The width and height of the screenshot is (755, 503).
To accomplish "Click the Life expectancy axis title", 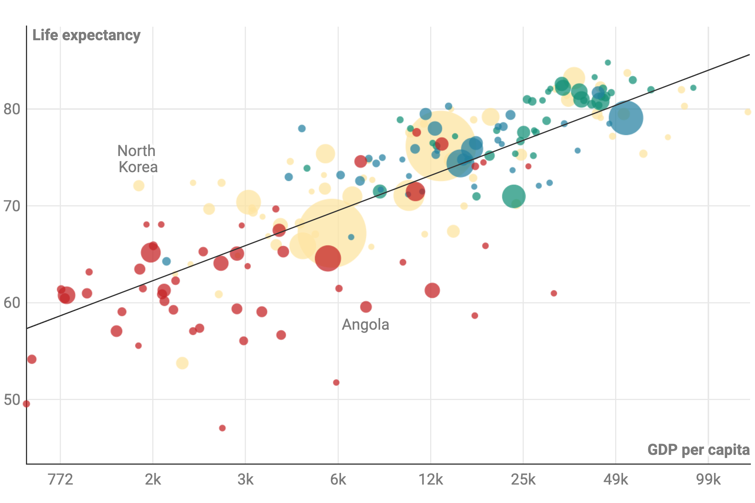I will (86, 35).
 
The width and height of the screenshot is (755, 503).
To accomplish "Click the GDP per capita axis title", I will (698, 450).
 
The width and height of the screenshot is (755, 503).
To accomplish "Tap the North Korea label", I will (137, 159).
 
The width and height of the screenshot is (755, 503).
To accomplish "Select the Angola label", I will (365, 324).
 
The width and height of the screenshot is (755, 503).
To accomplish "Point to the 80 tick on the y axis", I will (12, 109).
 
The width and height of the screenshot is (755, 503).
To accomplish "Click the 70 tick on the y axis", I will (12, 206).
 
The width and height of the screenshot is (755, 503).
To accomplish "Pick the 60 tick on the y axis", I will (12, 303).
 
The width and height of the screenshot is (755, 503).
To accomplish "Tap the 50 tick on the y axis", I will (12, 400).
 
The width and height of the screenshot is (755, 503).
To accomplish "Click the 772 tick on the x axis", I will (61, 480).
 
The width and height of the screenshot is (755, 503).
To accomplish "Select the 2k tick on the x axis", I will (153, 480).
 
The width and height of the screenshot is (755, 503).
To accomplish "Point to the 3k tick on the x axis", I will (246, 480).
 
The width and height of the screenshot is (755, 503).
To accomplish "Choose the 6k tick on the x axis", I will (338, 480).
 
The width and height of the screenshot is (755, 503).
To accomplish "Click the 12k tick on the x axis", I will (431, 480).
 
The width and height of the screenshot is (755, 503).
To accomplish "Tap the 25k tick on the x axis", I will (523, 480).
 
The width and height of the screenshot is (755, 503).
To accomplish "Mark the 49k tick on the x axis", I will (616, 480).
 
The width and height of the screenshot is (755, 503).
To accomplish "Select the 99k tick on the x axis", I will (708, 480).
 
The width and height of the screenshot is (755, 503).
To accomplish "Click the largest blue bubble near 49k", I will (626, 118).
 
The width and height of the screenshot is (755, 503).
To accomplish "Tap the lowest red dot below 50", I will (222, 428).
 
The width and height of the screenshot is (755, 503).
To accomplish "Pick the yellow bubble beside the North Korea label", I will (139, 185).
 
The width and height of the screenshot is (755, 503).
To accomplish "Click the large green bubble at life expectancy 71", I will (514, 196).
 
